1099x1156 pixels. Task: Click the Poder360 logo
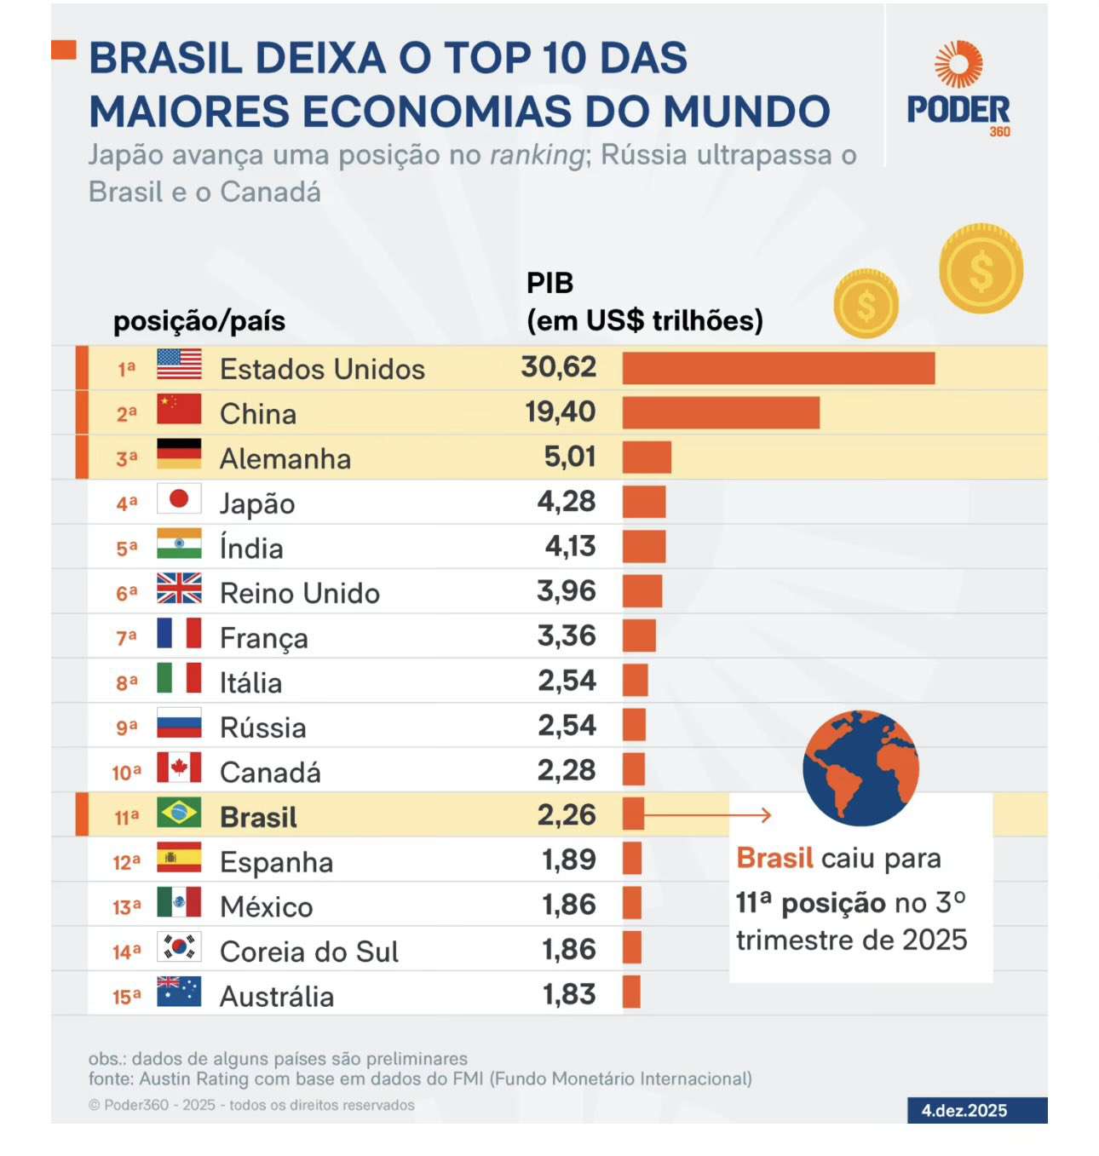pos(958,89)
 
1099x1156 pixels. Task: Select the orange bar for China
pos(721,412)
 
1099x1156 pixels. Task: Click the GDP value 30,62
pos(559,367)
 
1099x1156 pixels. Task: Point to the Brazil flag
pos(179,813)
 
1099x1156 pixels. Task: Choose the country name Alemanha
pos(285,458)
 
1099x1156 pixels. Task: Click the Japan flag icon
pos(179,499)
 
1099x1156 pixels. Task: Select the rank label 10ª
pos(126,773)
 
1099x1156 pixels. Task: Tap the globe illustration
pos(860,768)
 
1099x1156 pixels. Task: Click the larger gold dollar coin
pos(981,269)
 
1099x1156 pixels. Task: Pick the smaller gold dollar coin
pos(866,303)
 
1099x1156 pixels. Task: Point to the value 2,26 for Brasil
pos(567,815)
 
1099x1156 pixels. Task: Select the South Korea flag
pos(179,947)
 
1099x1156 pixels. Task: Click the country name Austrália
pos(277,996)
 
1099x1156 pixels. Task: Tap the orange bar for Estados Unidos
pos(779,368)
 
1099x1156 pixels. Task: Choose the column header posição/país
pos(199,321)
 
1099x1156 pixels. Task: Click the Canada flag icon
pos(179,768)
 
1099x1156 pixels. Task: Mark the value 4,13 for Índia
pos(570,546)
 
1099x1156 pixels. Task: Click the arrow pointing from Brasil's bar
pos(707,815)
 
